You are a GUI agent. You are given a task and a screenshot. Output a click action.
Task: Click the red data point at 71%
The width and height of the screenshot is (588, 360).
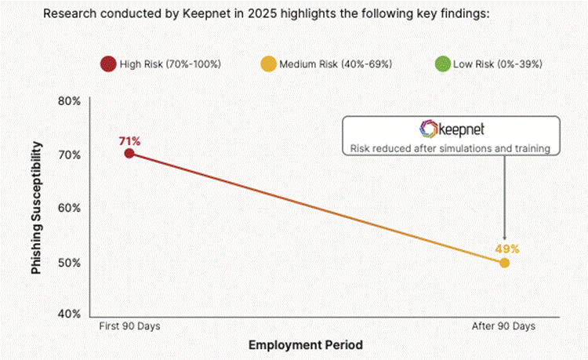[x=129, y=153]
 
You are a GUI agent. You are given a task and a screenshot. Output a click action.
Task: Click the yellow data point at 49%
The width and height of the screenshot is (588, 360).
[x=504, y=262]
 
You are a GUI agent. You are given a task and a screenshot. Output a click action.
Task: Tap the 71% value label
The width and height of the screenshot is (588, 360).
[x=129, y=141]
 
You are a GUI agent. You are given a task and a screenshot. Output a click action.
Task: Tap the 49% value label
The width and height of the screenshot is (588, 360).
[x=506, y=249]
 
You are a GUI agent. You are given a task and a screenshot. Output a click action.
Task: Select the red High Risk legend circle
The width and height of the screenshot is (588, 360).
[x=107, y=64]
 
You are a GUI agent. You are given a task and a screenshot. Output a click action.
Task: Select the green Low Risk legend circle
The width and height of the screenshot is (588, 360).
[x=441, y=64]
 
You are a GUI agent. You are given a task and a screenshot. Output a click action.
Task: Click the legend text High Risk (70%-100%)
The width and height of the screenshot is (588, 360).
[x=170, y=64]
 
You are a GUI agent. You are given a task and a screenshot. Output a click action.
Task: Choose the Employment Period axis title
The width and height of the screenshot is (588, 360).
[x=306, y=344]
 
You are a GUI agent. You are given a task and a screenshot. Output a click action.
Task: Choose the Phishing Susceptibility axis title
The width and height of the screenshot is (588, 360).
[x=36, y=208]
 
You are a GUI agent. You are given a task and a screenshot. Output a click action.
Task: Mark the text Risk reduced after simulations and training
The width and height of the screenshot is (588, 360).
[x=449, y=148]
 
